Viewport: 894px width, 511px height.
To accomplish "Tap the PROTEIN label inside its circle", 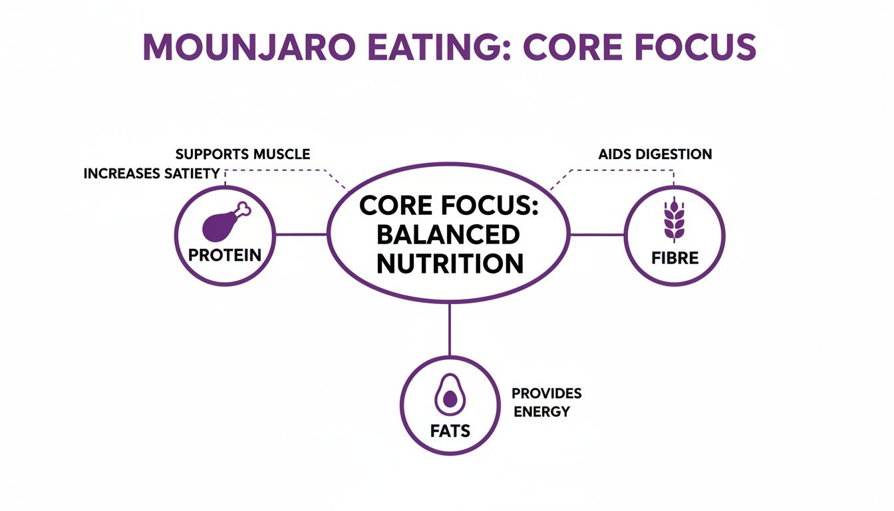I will coord(224,255).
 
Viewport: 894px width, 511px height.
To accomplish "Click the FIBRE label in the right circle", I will coord(674,257).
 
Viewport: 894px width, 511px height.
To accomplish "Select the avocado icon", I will coord(450,397).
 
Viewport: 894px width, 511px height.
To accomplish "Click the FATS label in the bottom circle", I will coord(450,430).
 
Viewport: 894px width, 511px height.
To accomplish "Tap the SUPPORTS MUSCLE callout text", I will coord(242,154).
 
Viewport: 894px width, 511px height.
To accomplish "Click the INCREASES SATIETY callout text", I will coord(152,174).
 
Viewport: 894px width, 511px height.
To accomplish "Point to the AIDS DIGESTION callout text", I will coord(655,154).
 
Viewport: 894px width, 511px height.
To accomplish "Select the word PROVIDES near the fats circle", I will coord(546,393).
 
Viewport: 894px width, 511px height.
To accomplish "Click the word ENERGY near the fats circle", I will coord(542,412).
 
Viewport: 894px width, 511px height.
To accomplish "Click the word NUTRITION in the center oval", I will coord(450,263).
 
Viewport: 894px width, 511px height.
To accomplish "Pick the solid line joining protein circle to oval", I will coord(301,234).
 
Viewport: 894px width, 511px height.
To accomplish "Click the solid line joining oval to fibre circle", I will coord(597,234).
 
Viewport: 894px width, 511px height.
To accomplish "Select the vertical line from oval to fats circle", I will coord(450,329).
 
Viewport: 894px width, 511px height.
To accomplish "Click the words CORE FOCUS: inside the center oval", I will coord(450,206).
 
